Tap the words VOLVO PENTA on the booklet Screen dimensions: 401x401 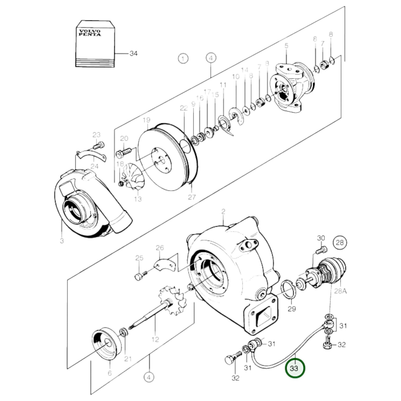tap(90, 33)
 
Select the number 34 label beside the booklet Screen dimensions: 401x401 tap(133, 54)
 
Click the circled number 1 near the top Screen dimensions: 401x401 tap(183, 59)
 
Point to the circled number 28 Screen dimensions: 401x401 tap(340, 243)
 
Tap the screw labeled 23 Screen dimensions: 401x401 tap(99, 145)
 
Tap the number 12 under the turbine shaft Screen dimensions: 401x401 tap(155, 339)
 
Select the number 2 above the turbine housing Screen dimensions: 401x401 tap(223, 212)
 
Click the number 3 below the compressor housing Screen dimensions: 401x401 tap(62, 240)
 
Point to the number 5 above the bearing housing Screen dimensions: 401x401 tap(286, 46)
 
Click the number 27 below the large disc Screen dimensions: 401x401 tap(192, 197)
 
